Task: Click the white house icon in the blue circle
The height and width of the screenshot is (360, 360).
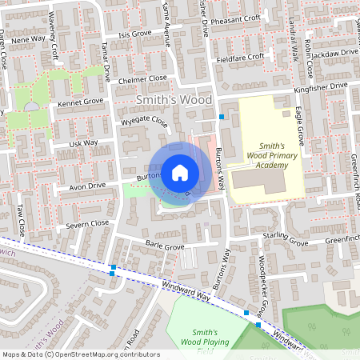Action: [x=180, y=172]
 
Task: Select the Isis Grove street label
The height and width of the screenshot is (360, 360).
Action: [x=134, y=34]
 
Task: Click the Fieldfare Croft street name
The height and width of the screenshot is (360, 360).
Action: [x=240, y=58]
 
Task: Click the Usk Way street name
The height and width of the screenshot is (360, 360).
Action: [x=83, y=143]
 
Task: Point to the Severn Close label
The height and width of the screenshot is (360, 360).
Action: [x=88, y=223]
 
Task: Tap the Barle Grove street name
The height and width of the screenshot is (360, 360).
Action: [x=164, y=247]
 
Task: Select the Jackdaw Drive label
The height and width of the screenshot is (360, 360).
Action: [x=336, y=53]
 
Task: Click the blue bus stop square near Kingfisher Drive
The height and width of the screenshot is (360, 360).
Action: [x=222, y=117]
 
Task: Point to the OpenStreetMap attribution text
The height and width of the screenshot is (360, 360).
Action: [x=80, y=354]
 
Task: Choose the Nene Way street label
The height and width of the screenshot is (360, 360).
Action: [x=28, y=38]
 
